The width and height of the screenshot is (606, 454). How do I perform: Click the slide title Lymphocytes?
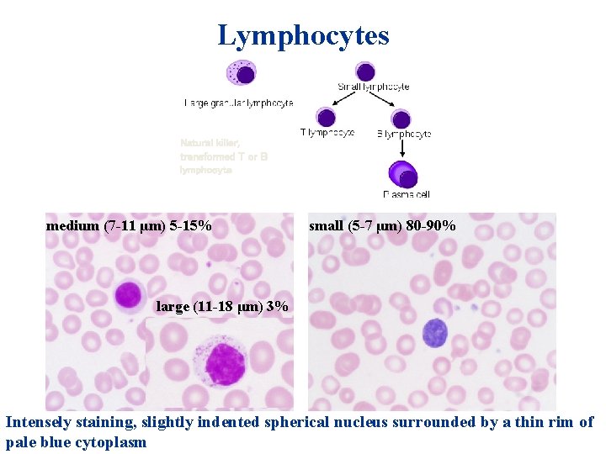coord(303,35)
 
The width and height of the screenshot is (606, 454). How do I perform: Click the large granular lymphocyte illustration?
coord(242,73)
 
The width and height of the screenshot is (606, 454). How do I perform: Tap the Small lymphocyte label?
coord(373,87)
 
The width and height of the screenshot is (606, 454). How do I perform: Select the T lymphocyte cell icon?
coord(327,117)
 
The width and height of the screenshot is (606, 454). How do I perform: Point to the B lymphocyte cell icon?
coord(401,119)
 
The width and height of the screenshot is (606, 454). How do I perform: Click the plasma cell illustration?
coord(404,175)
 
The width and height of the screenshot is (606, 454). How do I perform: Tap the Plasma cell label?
coord(407,194)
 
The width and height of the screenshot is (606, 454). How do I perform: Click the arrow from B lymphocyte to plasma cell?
coord(402,147)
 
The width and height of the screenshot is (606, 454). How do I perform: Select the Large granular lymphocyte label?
coord(239,103)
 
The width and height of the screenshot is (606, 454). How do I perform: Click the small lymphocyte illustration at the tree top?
coord(365,71)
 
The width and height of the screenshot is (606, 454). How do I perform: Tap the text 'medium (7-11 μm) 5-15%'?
coord(128,226)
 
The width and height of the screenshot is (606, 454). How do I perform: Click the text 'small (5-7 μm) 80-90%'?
coord(382,226)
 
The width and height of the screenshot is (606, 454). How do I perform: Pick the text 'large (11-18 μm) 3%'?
coord(222,307)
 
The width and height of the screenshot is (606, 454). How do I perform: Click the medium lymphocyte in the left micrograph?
coord(128,294)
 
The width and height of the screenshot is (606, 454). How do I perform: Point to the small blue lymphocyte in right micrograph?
coord(434,333)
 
